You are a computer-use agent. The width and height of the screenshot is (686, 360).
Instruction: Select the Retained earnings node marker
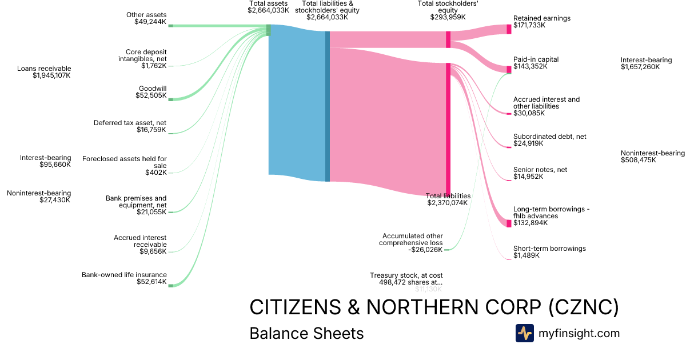coord(509,29)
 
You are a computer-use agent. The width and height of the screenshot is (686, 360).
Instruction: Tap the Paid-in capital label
coord(536,59)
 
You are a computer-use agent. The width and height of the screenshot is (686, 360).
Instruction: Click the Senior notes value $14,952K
coord(528,177)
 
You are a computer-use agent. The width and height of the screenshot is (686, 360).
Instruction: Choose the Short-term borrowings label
coord(549,249)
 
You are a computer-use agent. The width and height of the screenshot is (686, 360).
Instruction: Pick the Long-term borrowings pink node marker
coord(509,223)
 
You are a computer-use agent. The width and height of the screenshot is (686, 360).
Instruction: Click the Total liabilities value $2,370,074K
coord(447,203)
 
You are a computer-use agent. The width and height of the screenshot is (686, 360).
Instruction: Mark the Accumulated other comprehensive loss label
coord(412,239)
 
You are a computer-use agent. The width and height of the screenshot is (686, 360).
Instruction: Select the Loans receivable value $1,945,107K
coord(52,75)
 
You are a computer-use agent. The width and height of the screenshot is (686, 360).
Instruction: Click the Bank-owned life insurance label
coord(124,275)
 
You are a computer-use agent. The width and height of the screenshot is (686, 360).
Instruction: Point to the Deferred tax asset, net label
coord(130,123)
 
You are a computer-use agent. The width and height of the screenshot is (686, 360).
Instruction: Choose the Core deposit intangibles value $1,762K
coord(154,66)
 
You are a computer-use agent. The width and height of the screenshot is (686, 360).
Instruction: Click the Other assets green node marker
coord(170,26)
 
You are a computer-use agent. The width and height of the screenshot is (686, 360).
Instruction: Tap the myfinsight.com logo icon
coord(524,333)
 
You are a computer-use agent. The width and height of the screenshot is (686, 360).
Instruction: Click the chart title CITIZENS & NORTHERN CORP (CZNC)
coord(434,307)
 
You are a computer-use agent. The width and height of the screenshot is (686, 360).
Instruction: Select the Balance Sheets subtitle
coord(306,333)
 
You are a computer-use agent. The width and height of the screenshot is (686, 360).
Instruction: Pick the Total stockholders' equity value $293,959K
coord(448,17)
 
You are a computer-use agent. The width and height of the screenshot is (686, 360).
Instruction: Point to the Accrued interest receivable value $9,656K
coord(154,251)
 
